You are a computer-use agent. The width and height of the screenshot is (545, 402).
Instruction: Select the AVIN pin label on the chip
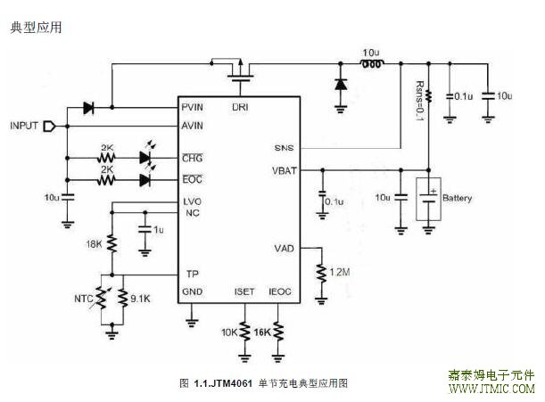click(194, 126)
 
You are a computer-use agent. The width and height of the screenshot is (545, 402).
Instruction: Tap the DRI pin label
click(240, 109)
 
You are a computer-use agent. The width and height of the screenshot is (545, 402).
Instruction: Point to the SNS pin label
click(285, 148)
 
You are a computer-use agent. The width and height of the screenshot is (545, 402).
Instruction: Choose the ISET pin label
click(244, 291)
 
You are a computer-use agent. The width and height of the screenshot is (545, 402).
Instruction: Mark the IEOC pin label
click(279, 291)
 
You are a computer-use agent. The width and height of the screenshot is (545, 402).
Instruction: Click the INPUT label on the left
click(24, 126)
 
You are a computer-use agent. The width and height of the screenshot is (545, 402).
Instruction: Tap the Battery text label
click(458, 198)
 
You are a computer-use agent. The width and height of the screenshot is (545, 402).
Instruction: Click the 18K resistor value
click(94, 243)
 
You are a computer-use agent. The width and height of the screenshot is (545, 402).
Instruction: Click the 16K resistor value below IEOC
click(261, 332)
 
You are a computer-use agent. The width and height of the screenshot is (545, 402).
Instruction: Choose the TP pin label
click(191, 274)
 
